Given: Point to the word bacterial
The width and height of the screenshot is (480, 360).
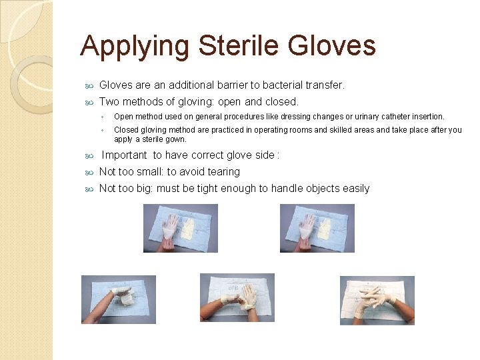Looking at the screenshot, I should (x=283, y=85).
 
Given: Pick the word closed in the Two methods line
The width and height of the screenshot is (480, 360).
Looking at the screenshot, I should (x=281, y=102).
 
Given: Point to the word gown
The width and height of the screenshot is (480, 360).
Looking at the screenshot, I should (x=176, y=139).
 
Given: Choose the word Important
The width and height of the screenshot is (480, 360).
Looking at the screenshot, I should (x=125, y=155).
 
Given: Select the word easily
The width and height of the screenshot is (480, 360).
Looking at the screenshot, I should (x=356, y=188).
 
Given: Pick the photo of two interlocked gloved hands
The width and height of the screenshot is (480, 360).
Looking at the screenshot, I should (x=377, y=300).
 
